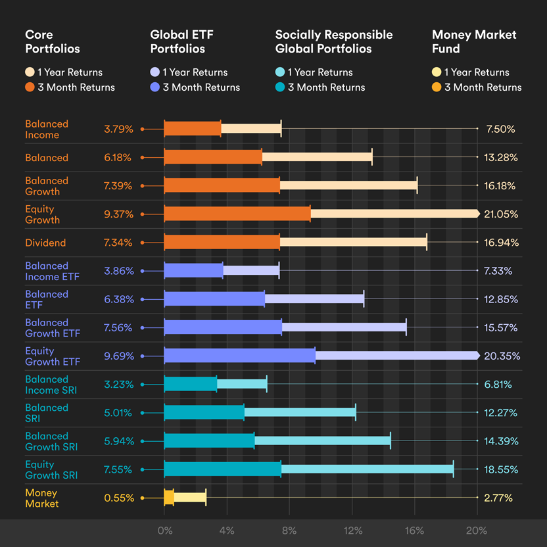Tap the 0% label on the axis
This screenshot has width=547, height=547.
coord(165,531)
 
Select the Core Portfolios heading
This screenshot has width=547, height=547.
coord(53,41)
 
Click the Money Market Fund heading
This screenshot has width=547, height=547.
coord(474,41)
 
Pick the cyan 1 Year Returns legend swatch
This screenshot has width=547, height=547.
coord(281,72)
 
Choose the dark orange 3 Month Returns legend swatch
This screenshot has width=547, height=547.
coord(30,87)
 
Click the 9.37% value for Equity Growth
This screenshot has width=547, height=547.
coord(118,214)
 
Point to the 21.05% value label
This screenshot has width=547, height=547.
coord(501,214)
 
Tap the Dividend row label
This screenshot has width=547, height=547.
coord(45,243)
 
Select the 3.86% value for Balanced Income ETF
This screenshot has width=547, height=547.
coord(118,271)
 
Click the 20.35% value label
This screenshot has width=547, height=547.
coord(502,356)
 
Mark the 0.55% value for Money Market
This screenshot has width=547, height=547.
coord(118,498)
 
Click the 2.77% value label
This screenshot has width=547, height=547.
coord(499,498)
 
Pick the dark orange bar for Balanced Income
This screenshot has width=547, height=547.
coord(192,130)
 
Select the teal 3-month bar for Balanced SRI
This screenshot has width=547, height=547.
coord(204,413)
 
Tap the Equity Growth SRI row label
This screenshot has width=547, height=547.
coord(51,469)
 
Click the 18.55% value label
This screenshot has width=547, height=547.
coord(501,469)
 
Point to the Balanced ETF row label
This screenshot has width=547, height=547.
coord(47,299)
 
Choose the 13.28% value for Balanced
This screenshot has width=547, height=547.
coord(501,158)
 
